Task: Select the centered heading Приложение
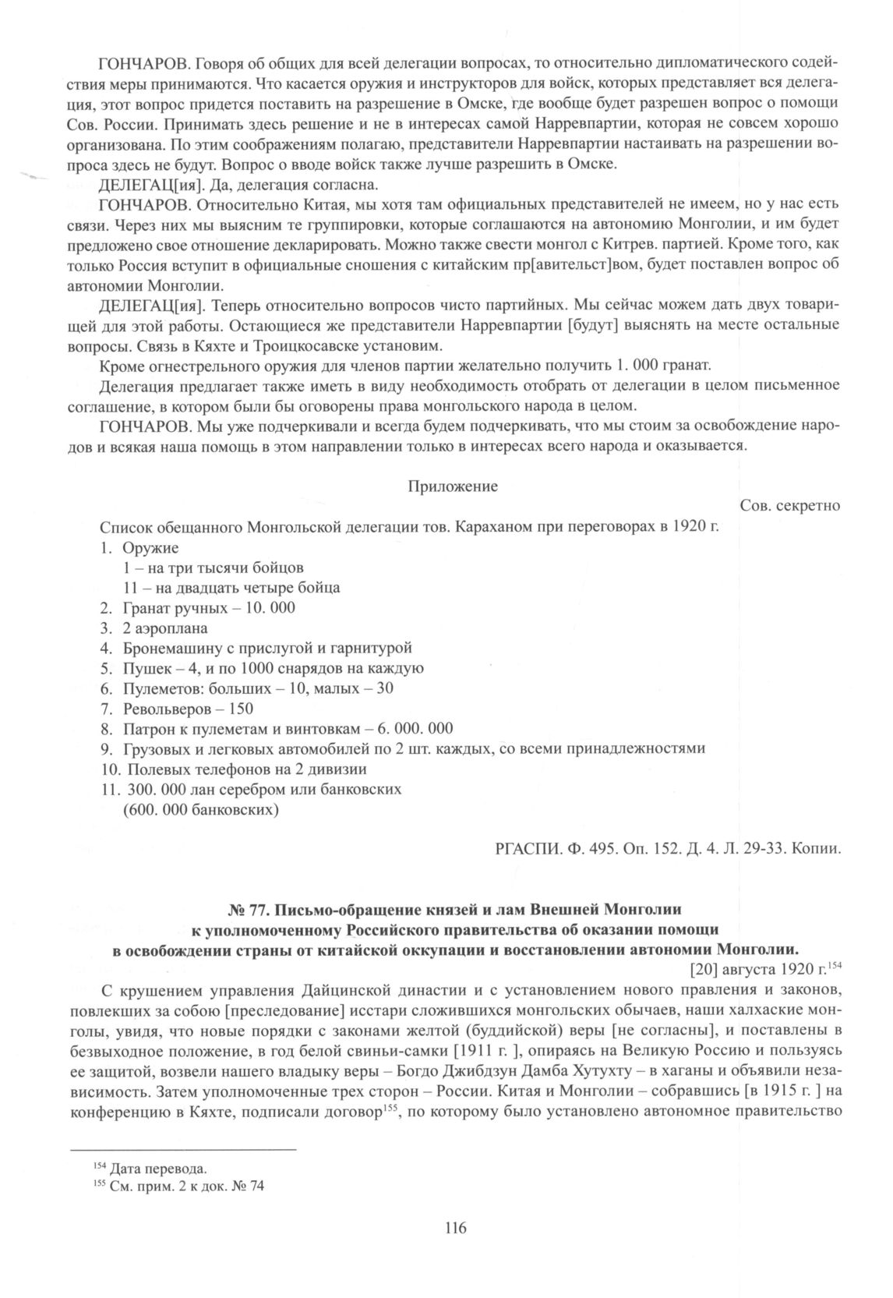click(453, 486)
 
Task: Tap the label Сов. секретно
click(789, 507)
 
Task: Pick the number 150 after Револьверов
click(242, 709)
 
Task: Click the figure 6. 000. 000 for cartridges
click(415, 729)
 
